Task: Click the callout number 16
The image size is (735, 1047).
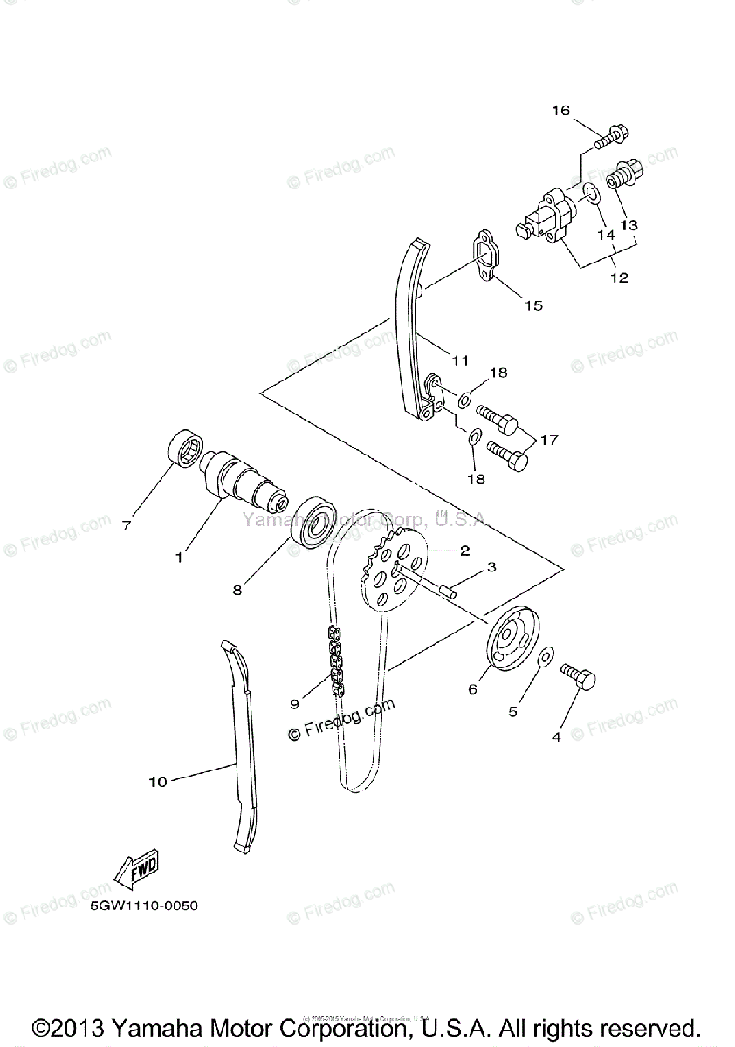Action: click(560, 111)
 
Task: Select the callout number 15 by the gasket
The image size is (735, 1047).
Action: click(533, 305)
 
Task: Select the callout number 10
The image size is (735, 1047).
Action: click(157, 783)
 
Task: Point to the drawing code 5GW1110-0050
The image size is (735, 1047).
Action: click(143, 906)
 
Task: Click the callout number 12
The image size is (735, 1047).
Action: click(619, 279)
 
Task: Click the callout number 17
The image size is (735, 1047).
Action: click(548, 441)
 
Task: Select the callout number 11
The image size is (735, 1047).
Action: click(461, 359)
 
